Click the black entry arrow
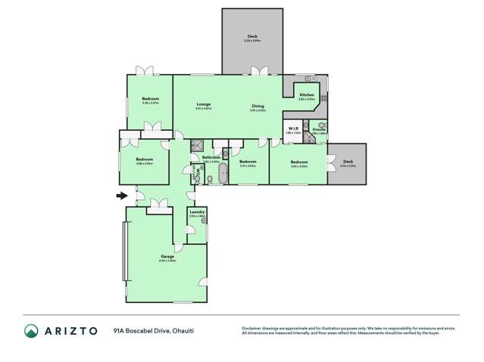pyautogui.click(x=120, y=196)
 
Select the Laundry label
pyautogui.click(x=197, y=212)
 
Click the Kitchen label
pyautogui.click(x=306, y=94)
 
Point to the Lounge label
pyautogui.click(x=203, y=104)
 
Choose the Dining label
pyautogui.click(x=258, y=106)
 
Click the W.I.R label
pyautogui.click(x=293, y=128)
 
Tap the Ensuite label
pyautogui.click(x=318, y=129)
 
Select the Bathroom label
pyautogui.click(x=211, y=156)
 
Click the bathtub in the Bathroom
pyautogui.click(x=223, y=176)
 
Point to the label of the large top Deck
pyautogui.click(x=252, y=36)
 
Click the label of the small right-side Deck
pyautogui.click(x=348, y=161)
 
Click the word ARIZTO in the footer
pyautogui.click(x=72, y=330)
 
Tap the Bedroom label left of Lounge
pyautogui.click(x=149, y=99)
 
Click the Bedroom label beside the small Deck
pyautogui.click(x=299, y=162)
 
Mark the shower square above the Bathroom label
pyautogui.click(x=197, y=145)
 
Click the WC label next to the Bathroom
pyautogui.click(x=198, y=174)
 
